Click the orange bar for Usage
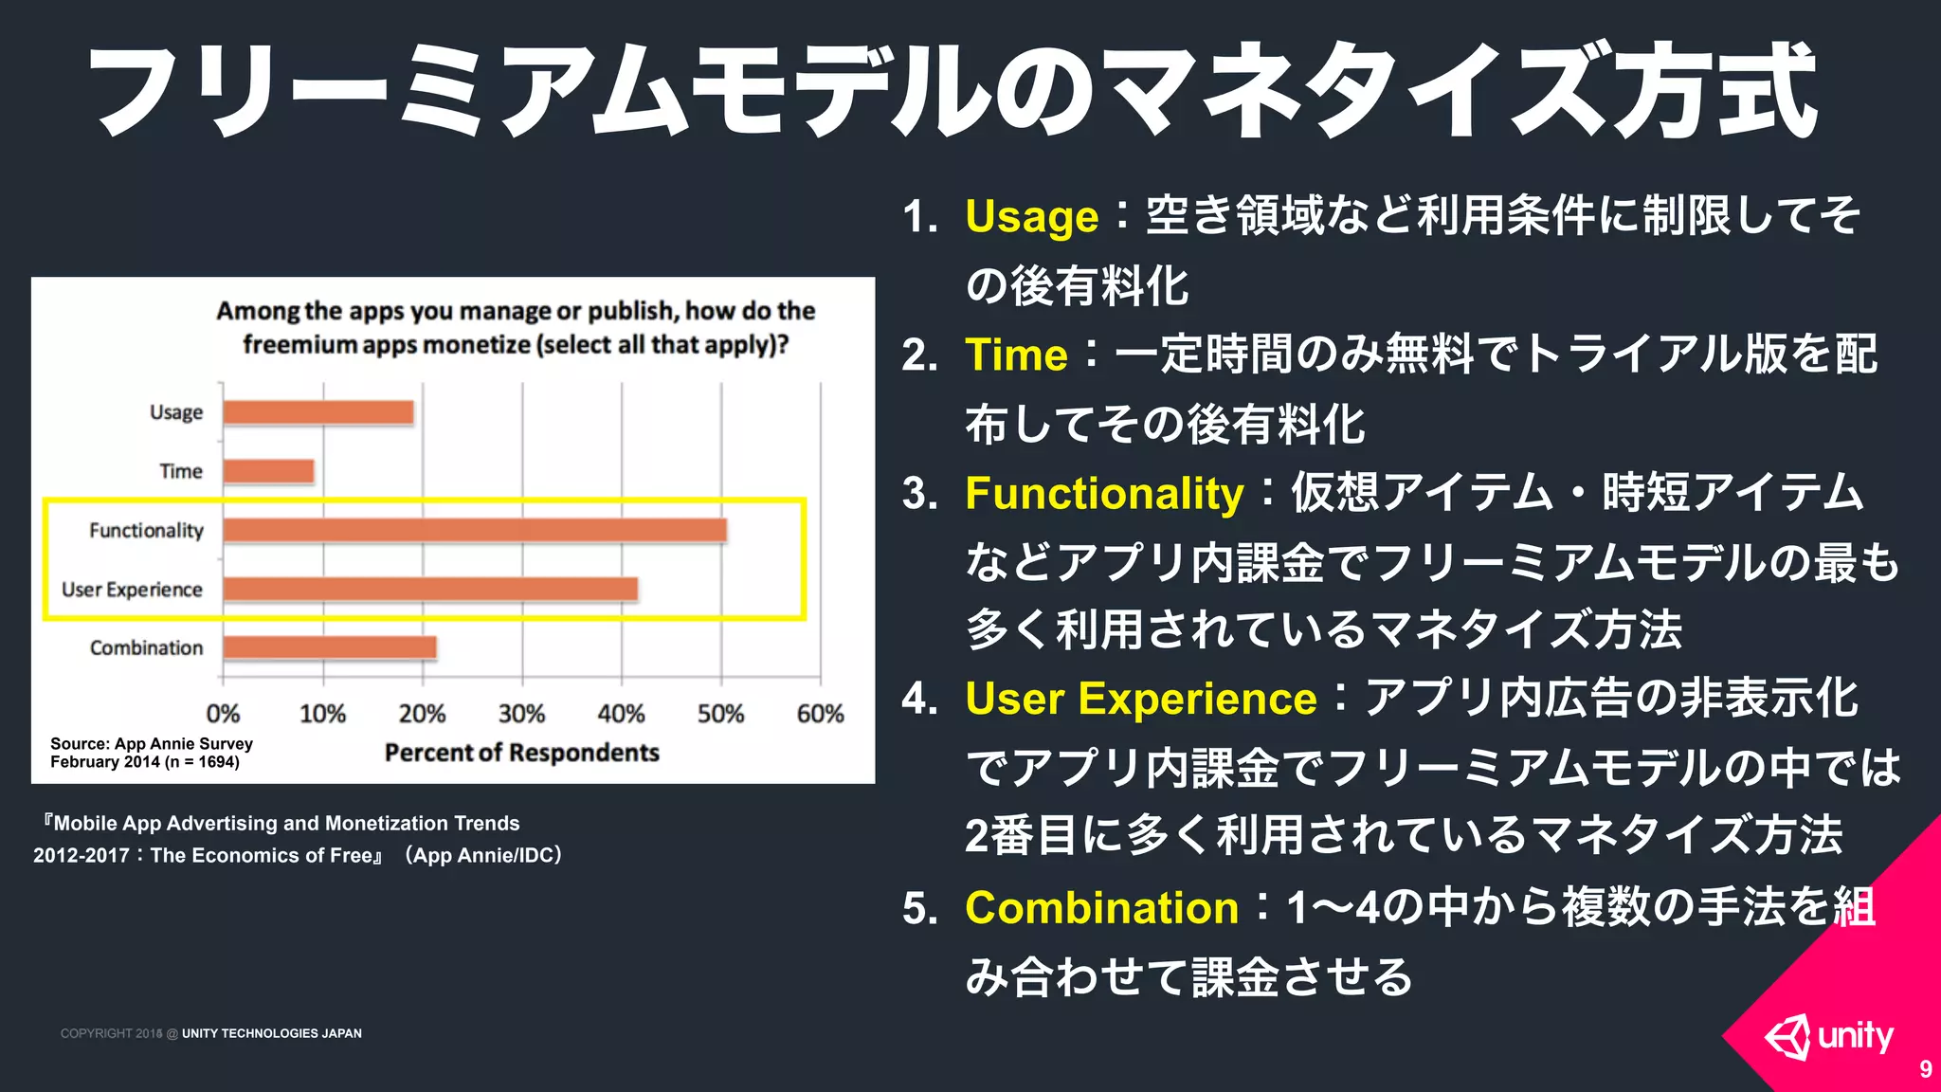[318, 412]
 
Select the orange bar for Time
[269, 471]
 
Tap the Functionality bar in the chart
[475, 530]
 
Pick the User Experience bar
[430, 589]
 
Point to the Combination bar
[330, 647]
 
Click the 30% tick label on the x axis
[521, 714]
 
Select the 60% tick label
[820, 714]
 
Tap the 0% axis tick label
[223, 714]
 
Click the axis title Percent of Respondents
[521, 753]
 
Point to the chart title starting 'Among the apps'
[516, 328]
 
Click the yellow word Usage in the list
[1031, 217]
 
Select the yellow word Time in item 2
[1016, 355]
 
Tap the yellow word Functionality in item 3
[1104, 494]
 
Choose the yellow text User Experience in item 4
[1140, 700]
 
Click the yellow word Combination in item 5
[1101, 908]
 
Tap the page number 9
[1925, 1069]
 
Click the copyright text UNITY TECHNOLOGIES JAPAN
[271, 1033]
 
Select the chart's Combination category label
[147, 647]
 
